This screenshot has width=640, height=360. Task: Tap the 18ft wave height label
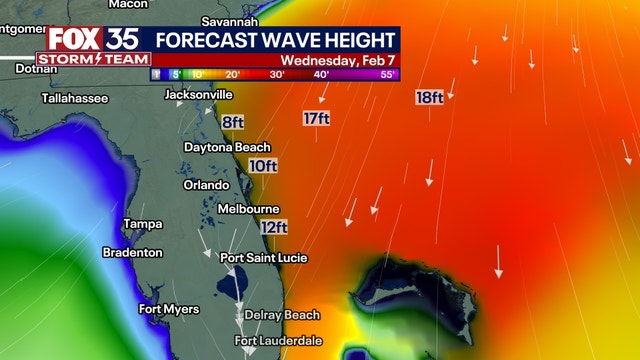click(430, 97)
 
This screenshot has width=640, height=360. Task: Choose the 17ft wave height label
click(317, 119)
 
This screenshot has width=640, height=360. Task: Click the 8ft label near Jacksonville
click(233, 122)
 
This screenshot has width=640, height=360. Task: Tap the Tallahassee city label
click(74, 98)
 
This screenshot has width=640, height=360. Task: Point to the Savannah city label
click(230, 21)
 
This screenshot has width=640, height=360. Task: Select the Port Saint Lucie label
click(264, 258)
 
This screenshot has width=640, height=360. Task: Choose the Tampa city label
click(142, 223)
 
